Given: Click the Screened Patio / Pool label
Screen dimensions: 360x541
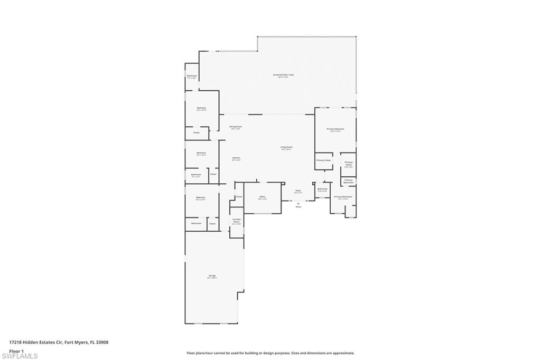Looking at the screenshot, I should (x=283, y=75).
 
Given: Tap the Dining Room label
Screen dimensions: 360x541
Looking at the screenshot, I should (x=236, y=127).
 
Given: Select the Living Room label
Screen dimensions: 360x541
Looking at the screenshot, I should (x=286, y=147).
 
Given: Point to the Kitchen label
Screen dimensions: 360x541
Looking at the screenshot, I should (x=236, y=158).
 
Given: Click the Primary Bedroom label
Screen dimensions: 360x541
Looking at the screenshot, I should (x=335, y=129).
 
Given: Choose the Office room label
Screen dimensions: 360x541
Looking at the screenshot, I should (x=263, y=197).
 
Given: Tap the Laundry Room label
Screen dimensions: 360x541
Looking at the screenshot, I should (x=237, y=220).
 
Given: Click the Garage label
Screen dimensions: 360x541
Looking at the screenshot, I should (x=212, y=276).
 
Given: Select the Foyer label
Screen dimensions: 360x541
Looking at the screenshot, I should (x=298, y=191).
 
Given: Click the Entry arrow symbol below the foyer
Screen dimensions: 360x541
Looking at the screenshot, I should (x=299, y=202).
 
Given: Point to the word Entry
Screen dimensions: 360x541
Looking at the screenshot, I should (x=299, y=207).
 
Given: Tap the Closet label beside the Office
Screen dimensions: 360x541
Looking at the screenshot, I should (x=239, y=197).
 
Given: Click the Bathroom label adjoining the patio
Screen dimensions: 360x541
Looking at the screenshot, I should (x=192, y=76).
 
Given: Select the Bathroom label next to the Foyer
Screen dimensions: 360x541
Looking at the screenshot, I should (x=322, y=188).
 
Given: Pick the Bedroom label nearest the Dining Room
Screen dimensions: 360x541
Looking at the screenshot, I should (x=201, y=108).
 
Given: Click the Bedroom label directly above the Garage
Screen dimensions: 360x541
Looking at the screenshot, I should (x=201, y=198).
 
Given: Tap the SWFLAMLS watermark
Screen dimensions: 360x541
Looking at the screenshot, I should (x=20, y=356).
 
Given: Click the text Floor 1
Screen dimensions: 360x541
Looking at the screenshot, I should (x=16, y=350).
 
